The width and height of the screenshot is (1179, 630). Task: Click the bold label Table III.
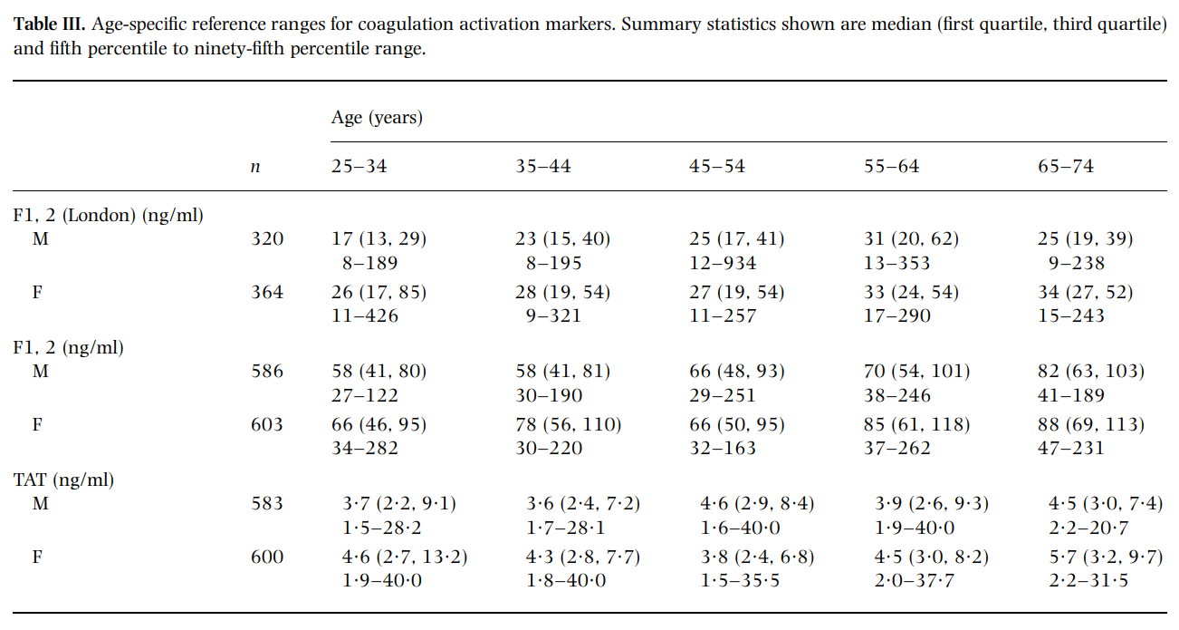point(49,24)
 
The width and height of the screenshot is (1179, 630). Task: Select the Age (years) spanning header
point(377,118)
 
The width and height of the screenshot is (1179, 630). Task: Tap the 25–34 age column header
point(359,167)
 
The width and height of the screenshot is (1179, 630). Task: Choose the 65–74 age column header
point(1065,167)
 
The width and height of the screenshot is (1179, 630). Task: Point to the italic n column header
point(255,168)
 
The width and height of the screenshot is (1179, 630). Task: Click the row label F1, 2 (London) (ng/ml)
point(109,216)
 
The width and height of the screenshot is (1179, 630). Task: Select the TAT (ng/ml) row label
point(63,480)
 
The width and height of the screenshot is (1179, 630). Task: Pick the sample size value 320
point(267,239)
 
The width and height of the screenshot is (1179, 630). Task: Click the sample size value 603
point(267,424)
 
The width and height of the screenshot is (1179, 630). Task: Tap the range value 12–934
point(723,263)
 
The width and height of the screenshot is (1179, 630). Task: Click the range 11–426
point(364,316)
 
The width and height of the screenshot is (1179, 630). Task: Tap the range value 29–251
point(722,395)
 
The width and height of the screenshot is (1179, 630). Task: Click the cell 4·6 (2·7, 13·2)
point(404,557)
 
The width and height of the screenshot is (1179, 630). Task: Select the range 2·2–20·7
point(1088,528)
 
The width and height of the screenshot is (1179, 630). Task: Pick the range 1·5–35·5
point(740,580)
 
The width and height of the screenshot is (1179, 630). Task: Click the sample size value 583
point(267,504)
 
